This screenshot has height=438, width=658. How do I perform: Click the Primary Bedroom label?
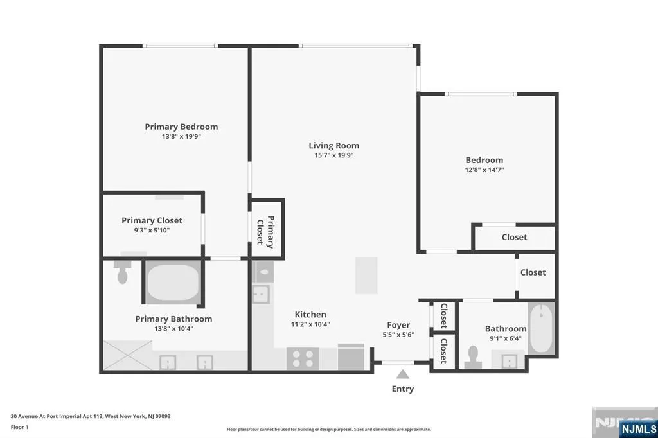click(181, 127)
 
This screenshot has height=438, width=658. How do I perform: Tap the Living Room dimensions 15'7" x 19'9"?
click(334, 155)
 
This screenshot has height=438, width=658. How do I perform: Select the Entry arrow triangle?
click(403, 374)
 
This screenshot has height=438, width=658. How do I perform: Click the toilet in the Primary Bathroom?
click(123, 272)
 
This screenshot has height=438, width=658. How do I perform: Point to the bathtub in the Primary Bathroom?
click(173, 281)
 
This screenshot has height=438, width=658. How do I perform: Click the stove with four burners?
click(303, 359)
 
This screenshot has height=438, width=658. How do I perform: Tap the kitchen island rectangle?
click(366, 276)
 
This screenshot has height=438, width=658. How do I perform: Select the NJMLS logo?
click(638, 429)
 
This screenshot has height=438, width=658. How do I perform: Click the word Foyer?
click(398, 325)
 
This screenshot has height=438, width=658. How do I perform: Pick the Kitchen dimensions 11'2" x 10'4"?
click(310, 324)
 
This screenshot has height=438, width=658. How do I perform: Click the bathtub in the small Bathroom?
click(541, 328)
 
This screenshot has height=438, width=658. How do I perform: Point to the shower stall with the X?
click(128, 355)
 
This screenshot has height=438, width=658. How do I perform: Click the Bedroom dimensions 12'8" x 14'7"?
click(485, 170)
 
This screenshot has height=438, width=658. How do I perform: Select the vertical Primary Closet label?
click(266, 232)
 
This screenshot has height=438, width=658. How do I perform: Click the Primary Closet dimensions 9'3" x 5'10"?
click(152, 231)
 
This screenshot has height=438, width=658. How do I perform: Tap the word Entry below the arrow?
click(403, 389)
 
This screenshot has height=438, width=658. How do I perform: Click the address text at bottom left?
click(91, 417)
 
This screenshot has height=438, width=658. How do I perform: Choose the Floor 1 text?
click(19, 428)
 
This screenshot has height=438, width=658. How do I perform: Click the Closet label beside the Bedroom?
click(515, 238)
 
